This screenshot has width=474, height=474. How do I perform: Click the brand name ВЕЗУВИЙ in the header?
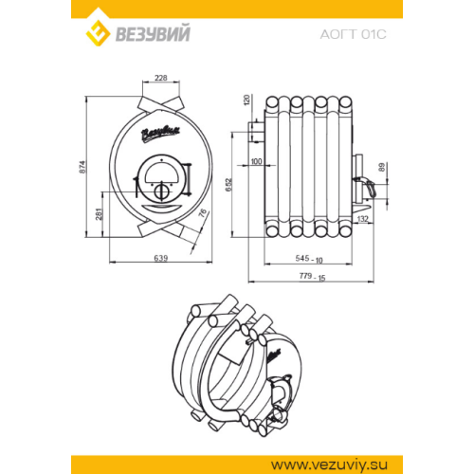point(153,33)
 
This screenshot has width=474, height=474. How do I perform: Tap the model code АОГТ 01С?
point(353,34)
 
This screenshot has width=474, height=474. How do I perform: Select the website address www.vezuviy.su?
point(329,465)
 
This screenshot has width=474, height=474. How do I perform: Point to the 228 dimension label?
point(161,78)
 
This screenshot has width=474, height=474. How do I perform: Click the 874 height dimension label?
point(82,167)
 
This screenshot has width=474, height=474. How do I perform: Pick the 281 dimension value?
point(100,214)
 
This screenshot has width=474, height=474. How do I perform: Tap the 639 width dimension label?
point(161,258)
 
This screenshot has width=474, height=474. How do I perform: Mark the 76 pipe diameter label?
point(203,213)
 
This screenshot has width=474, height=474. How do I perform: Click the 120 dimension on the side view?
point(247,100)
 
